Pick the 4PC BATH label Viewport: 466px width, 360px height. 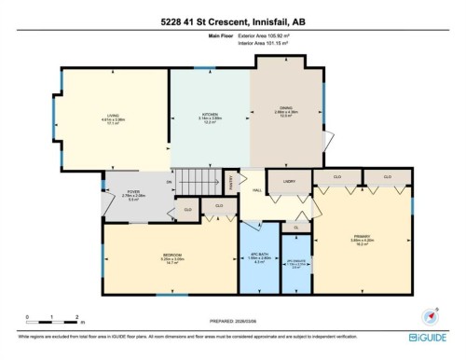(261, 255)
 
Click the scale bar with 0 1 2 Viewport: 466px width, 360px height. (65, 317)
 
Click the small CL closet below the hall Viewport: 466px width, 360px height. (295, 227)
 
